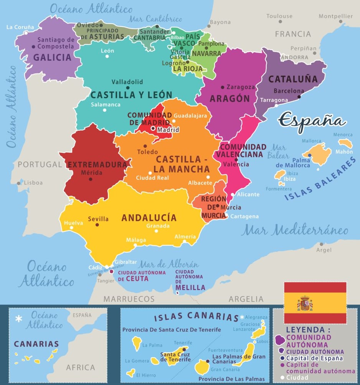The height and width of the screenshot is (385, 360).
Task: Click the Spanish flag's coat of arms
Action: [305, 304]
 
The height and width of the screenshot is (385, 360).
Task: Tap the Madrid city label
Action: [168, 130]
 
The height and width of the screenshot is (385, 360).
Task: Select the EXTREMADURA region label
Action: [97, 165]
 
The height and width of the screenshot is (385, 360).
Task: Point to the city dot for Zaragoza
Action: [223, 87]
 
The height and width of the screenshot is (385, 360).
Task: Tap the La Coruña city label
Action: [20, 27]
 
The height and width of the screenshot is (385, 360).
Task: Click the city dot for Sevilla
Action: [97, 225]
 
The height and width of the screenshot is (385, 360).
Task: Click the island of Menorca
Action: [345, 143]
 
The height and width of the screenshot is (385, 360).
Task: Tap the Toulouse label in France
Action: [280, 16]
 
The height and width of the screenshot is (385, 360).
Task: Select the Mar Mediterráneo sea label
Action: [295, 231]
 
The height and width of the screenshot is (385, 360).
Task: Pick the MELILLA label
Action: [190, 287]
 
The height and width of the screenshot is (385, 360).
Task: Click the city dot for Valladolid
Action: [128, 88]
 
